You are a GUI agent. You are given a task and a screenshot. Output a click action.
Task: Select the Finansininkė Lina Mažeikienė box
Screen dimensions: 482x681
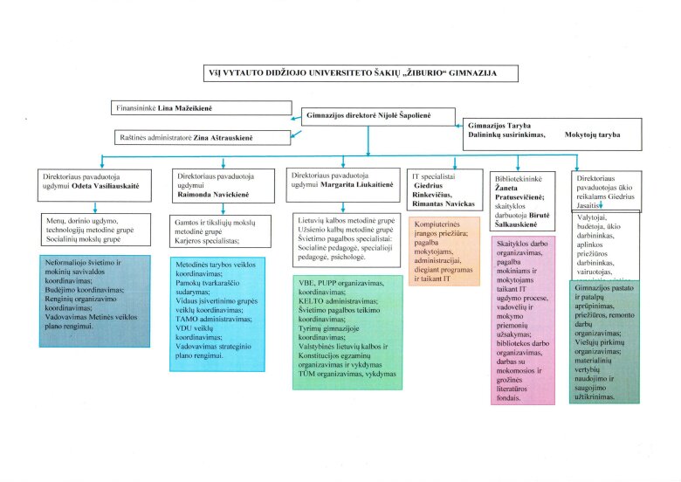pos(201,109)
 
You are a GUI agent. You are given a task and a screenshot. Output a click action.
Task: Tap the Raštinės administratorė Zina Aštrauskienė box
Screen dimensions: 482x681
pos(203,137)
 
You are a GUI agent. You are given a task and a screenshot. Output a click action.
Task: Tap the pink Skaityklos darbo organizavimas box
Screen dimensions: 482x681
pos(523,320)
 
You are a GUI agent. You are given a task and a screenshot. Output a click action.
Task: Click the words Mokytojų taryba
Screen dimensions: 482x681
pos(592,135)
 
